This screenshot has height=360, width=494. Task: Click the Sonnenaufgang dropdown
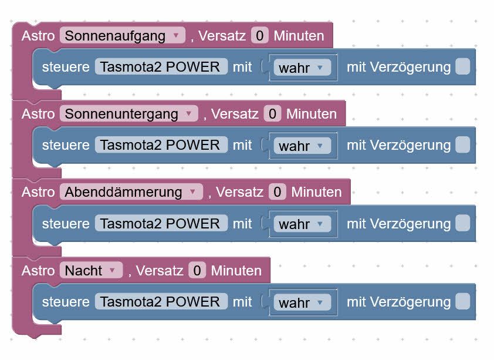pyautogui.click(x=123, y=36)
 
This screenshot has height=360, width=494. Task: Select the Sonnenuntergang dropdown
pyautogui.click(x=129, y=114)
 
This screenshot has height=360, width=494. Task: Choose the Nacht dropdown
pyautogui.click(x=91, y=271)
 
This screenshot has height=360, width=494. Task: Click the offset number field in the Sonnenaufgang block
pyautogui.click(x=260, y=36)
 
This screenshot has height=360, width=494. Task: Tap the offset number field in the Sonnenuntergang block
pyautogui.click(x=272, y=114)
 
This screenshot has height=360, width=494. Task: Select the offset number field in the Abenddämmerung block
pyautogui.click(x=278, y=192)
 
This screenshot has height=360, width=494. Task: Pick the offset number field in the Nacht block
pyautogui.click(x=197, y=271)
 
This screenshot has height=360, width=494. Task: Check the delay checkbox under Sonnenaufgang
pyautogui.click(x=462, y=66)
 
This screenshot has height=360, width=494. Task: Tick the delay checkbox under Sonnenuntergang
pyautogui.click(x=462, y=144)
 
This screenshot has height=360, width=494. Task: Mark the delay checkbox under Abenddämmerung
pyautogui.click(x=462, y=223)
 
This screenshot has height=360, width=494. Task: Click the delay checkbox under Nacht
pyautogui.click(x=462, y=302)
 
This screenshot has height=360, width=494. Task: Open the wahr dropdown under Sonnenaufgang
pyautogui.click(x=302, y=68)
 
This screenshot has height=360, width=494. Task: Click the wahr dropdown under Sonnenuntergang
pyautogui.click(x=302, y=146)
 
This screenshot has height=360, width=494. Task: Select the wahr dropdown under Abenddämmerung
pyautogui.click(x=302, y=224)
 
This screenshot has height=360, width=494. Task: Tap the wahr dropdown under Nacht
pyautogui.click(x=302, y=302)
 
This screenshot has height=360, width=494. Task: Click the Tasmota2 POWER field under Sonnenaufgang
pyautogui.click(x=161, y=66)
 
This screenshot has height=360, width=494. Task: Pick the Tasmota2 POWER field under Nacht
pyautogui.click(x=161, y=302)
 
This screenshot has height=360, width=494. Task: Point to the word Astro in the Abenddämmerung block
pyautogui.click(x=38, y=192)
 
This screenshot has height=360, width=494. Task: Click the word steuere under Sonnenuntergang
pyautogui.click(x=66, y=145)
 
